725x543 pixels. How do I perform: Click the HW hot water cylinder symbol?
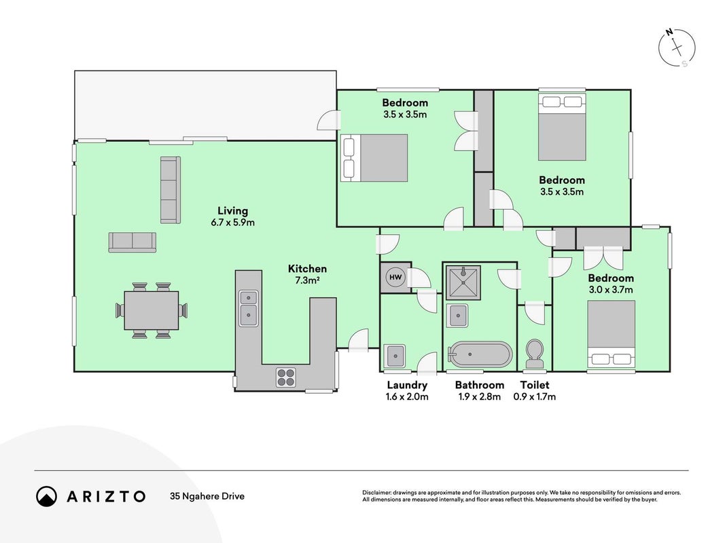pyautogui.click(x=395, y=277)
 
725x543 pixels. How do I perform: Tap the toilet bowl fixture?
pyautogui.click(x=535, y=354)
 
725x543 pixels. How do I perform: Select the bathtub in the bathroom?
pyautogui.click(x=480, y=354)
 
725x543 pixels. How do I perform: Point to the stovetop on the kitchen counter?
pyautogui.click(x=286, y=377)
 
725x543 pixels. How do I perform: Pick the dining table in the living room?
pyautogui.click(x=152, y=310)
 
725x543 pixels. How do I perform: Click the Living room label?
pyautogui.click(x=232, y=211)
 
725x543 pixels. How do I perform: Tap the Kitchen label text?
pyautogui.click(x=308, y=269)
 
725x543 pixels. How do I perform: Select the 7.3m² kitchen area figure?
pyautogui.click(x=308, y=280)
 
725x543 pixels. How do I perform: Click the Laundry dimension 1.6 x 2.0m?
pyautogui.click(x=407, y=396)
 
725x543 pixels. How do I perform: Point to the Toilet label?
pyautogui.click(x=535, y=385)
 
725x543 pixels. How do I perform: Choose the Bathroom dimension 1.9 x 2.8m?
pyautogui.click(x=480, y=396)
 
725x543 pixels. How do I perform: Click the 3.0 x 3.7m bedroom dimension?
pyautogui.click(x=611, y=290)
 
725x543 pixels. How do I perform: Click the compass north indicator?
pyautogui.click(x=669, y=33)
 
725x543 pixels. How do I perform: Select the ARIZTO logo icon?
pyautogui.click(x=47, y=496)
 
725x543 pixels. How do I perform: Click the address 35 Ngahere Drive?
pyautogui.click(x=207, y=496)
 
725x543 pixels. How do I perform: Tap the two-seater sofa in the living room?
pyautogui.click(x=132, y=242)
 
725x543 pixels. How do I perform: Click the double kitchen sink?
pyautogui.click(x=249, y=308)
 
